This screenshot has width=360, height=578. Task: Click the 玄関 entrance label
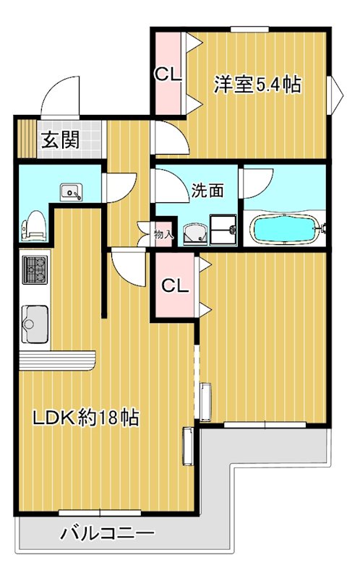59,140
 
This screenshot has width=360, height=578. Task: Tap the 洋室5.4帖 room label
257,85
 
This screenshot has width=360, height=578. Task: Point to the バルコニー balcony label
107,535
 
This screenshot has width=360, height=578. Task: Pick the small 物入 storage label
164,234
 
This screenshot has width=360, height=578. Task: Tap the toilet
34,225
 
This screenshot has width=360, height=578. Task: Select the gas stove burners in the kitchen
34,269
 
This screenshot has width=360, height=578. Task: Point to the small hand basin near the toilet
72,191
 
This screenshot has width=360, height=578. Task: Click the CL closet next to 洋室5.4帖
168,73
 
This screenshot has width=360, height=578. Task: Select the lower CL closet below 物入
173,285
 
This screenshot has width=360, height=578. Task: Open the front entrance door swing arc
59,98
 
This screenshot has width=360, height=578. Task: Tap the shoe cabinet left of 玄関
26,139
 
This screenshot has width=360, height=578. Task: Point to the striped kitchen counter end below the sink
56,359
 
